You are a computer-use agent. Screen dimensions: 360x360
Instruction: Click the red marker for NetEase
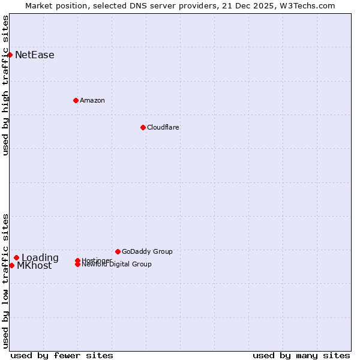click(10, 55)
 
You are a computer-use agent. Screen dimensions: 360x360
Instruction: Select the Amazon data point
click(76, 100)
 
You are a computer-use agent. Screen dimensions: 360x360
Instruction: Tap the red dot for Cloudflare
click(143, 127)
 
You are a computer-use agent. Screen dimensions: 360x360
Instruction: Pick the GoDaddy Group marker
click(118, 251)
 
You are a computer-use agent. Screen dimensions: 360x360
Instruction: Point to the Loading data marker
click(17, 258)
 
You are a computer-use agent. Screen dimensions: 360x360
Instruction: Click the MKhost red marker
click(12, 265)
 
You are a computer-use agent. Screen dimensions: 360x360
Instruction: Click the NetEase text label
click(35, 55)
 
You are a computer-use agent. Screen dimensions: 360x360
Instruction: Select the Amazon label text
click(92, 100)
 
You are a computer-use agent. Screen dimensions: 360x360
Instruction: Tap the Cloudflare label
click(163, 127)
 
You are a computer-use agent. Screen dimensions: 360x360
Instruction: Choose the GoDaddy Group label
click(147, 251)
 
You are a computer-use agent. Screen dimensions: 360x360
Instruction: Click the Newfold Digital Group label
click(117, 265)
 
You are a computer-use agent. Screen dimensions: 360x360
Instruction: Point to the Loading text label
click(40, 258)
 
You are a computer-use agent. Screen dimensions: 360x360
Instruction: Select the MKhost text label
click(34, 266)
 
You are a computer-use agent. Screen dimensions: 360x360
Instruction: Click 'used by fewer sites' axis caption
click(62, 355)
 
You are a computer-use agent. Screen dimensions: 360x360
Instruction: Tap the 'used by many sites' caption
click(301, 355)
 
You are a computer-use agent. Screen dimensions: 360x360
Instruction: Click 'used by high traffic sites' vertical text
click(6, 85)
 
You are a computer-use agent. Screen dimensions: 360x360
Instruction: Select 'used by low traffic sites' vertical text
click(6, 280)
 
